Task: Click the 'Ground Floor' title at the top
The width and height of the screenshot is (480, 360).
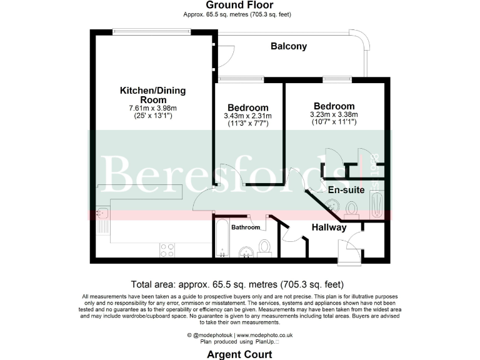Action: pyautogui.click(x=240, y=6)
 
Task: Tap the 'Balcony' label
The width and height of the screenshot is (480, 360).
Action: pyautogui.click(x=288, y=46)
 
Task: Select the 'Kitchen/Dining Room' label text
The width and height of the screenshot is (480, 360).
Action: pyautogui.click(x=152, y=95)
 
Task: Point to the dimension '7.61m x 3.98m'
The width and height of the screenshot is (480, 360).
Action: pyautogui.click(x=152, y=108)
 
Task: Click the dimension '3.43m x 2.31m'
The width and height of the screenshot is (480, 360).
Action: pyautogui.click(x=248, y=116)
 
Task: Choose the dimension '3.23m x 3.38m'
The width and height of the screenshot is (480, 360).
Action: pyautogui.click(x=334, y=114)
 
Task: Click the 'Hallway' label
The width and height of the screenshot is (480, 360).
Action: pyautogui.click(x=329, y=227)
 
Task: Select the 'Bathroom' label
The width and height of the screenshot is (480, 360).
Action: pyautogui.click(x=245, y=227)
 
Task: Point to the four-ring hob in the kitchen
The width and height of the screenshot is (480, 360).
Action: pyautogui.click(x=167, y=249)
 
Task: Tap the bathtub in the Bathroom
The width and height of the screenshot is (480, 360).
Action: pyautogui.click(x=222, y=237)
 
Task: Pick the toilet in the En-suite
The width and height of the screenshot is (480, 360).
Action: pyautogui.click(x=351, y=208)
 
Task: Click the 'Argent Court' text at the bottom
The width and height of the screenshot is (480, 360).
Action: pyautogui.click(x=240, y=354)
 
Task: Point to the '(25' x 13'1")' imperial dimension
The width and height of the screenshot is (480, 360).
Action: pyautogui.click(x=152, y=116)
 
